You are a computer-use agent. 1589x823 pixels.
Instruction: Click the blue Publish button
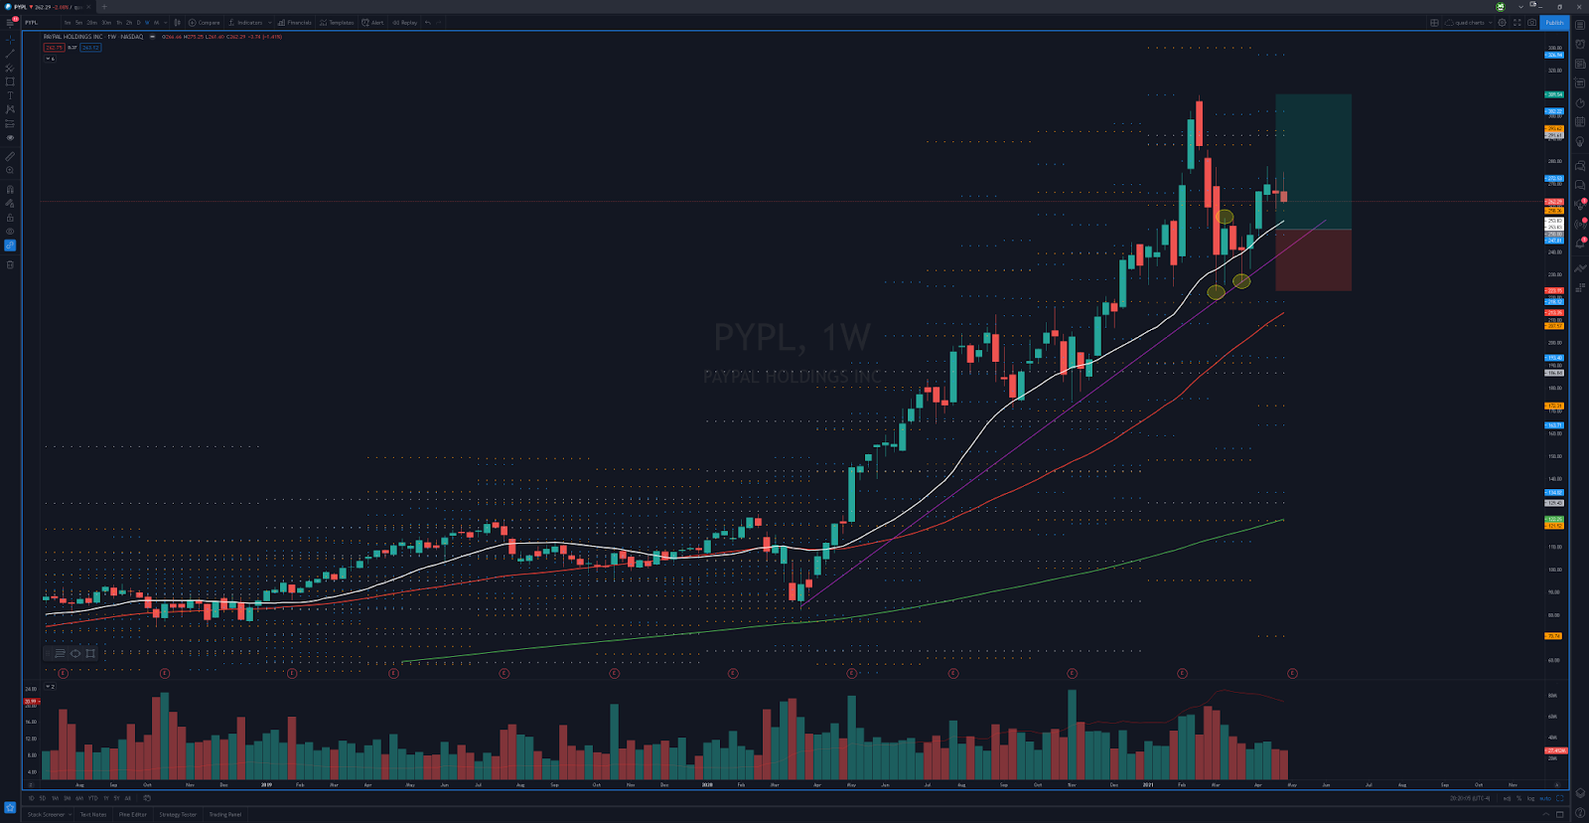[x=1554, y=22]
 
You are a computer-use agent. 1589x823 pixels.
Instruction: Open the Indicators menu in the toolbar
[x=248, y=22]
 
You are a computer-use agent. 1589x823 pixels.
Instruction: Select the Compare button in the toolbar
[x=206, y=22]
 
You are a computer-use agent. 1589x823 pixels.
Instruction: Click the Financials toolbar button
[x=295, y=22]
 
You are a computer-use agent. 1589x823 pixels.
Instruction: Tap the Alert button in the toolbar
[x=373, y=22]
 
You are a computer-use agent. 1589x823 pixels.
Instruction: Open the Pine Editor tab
[x=133, y=814]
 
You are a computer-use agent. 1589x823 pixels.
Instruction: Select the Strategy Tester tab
[x=178, y=814]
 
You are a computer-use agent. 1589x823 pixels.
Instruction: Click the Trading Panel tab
[x=224, y=814]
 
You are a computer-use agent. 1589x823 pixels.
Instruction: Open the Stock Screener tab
[x=46, y=814]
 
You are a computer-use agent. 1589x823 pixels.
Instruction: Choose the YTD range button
[x=92, y=798]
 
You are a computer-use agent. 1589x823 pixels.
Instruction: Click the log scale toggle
[x=1530, y=798]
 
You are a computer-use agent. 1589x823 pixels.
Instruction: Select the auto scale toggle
[x=1545, y=798]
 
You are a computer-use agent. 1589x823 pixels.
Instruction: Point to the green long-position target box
[x=1313, y=161]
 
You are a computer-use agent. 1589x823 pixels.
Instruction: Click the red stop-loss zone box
[x=1313, y=260]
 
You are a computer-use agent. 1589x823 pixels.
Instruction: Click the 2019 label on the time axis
[x=266, y=784]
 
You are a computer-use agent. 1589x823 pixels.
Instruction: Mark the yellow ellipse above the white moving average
[x=1225, y=217]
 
